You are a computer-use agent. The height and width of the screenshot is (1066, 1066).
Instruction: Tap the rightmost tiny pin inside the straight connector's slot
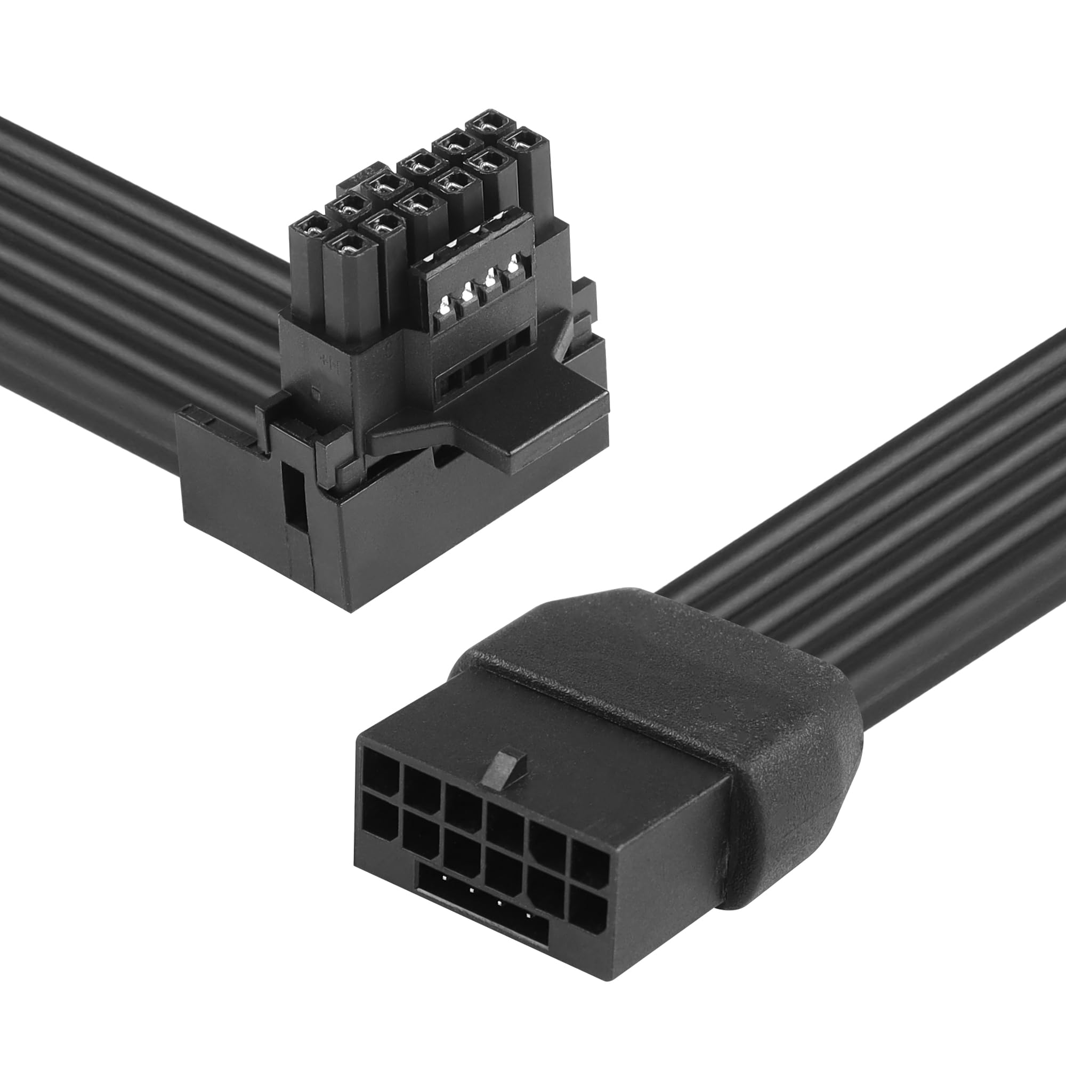529,916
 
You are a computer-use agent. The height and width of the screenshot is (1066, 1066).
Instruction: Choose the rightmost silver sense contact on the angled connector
515,264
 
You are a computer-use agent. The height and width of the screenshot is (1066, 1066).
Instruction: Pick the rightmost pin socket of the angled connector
521,142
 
